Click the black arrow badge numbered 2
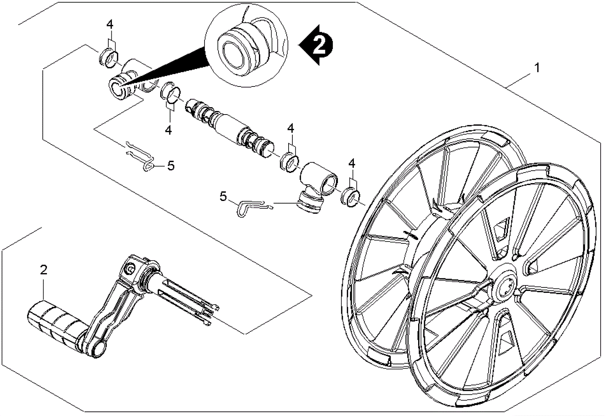coord(317,45)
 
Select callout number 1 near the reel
coord(536,68)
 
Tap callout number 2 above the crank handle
coord(44,270)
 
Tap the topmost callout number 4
coord(109,25)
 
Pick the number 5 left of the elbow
coord(223,196)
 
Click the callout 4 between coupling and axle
coord(168,130)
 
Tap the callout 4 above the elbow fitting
coord(291,128)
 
